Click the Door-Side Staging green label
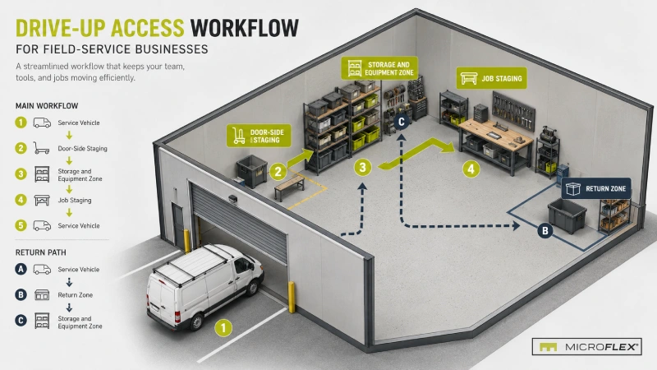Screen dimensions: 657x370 tap(259, 136)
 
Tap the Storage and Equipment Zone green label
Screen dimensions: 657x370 tap(379, 68)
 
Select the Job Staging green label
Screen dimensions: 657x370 tap(491, 78)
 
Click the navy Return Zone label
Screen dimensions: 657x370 tap(596, 188)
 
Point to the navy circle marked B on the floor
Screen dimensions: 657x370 tap(545, 230)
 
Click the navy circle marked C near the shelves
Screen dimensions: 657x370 tap(401, 122)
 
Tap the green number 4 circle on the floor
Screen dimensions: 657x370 tap(471, 169)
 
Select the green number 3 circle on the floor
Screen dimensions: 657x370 tap(362, 168)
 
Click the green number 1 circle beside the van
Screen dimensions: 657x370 tap(223, 327)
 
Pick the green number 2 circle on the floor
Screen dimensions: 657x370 tap(278, 171)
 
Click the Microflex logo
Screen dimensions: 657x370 tap(586, 346)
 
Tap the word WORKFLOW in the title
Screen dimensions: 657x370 tap(244, 28)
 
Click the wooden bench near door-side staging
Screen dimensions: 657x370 tap(290, 187)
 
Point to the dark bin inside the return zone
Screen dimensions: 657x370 tap(567, 215)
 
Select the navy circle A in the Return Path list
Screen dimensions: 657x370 tap(21, 269)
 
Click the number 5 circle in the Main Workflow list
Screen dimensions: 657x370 tap(21, 225)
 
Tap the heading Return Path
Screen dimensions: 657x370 tap(40, 252)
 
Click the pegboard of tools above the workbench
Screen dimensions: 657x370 tap(514, 111)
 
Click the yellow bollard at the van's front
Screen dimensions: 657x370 tap(292, 297)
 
